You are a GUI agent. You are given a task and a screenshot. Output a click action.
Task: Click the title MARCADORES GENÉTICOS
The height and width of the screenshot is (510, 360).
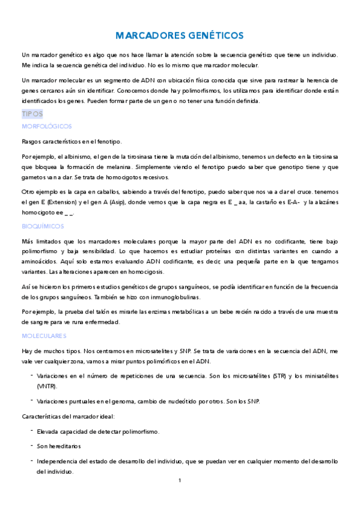[180, 36]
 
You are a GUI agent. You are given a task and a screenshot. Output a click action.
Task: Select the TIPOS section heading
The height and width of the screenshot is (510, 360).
[32, 114]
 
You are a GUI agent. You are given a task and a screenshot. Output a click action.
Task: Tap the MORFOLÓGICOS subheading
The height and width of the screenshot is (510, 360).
[46, 126]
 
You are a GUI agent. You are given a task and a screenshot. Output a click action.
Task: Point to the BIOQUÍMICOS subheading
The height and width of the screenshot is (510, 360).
[43, 226]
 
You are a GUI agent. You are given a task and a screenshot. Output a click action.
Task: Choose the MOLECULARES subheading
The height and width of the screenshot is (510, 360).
[44, 336]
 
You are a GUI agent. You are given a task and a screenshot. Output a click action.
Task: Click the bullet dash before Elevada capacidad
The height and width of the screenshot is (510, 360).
[31, 431]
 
